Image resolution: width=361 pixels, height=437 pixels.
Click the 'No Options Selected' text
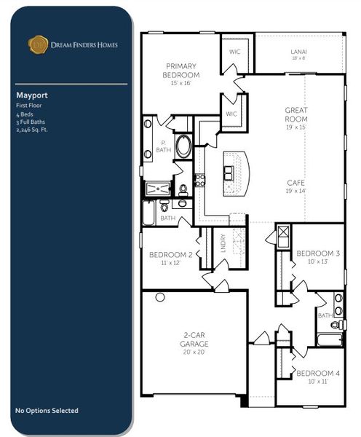click(x=47, y=411)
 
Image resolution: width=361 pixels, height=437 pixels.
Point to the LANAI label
click(x=298, y=51)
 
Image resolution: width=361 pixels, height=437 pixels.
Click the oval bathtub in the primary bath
click(x=183, y=146)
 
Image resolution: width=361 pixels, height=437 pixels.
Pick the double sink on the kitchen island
click(x=229, y=172)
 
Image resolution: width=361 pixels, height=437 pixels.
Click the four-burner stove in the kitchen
click(x=199, y=179)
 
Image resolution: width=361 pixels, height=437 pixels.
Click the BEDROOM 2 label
click(x=170, y=255)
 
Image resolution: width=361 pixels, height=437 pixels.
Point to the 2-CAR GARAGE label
click(x=194, y=339)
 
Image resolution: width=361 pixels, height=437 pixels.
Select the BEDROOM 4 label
click(x=313, y=373)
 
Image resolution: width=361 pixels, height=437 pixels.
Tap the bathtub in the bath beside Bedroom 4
click(x=330, y=339)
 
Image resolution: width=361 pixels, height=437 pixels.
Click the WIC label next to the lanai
click(x=234, y=51)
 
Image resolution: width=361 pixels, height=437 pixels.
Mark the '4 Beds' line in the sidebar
click(x=23, y=114)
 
